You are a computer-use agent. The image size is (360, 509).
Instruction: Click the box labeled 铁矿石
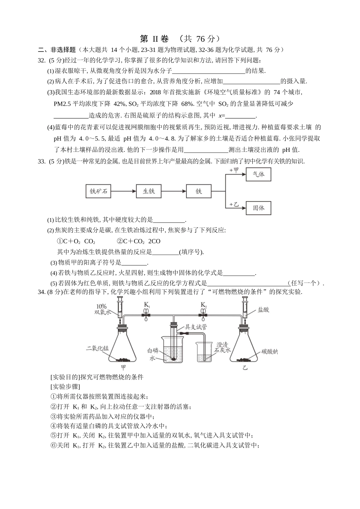pos(99,192)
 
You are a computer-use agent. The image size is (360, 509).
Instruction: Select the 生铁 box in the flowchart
pos(149,192)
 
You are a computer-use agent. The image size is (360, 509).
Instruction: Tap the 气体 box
pos(258,175)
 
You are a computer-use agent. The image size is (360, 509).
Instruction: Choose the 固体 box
pos(258,208)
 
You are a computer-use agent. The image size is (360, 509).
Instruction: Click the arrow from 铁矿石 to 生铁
pos(124,192)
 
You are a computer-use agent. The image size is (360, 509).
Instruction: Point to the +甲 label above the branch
pos(234,171)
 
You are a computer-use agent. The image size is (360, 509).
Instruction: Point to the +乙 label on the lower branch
pos(234,205)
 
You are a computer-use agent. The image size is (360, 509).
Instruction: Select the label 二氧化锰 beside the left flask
pos(97,348)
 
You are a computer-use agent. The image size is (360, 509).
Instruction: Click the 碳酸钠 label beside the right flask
pos(269,351)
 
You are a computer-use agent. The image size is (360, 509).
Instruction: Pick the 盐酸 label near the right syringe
pos(263,309)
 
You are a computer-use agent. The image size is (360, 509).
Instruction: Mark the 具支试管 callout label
pos(196,327)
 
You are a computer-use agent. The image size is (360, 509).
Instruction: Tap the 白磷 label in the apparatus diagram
pos(152,351)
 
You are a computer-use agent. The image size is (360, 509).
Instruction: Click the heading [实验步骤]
pos(65,387)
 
